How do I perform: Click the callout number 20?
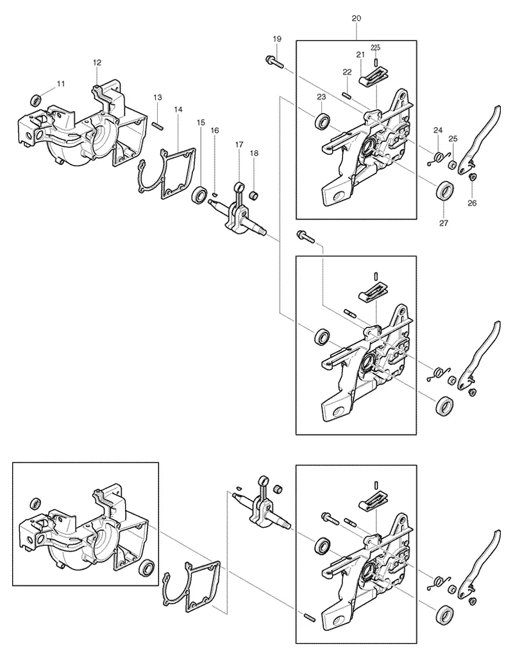pyautogui.click(x=356, y=19)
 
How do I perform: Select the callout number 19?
pyautogui.click(x=277, y=39)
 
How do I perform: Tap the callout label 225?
pyautogui.click(x=376, y=48)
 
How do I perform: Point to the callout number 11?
pyautogui.click(x=61, y=83)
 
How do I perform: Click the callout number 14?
pyautogui.click(x=178, y=109)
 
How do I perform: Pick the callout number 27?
pyautogui.click(x=444, y=223)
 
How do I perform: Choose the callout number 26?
pyautogui.click(x=472, y=204)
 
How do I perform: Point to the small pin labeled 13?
pyautogui.click(x=157, y=125)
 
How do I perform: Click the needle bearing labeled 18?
pyautogui.click(x=255, y=196)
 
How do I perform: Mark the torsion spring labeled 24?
pyautogui.click(x=439, y=159)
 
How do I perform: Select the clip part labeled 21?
pyautogui.click(x=372, y=78)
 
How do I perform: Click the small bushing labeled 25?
pyautogui.click(x=453, y=164)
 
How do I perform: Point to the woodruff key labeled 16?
pyautogui.click(x=215, y=194)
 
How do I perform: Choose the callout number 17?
pyautogui.click(x=239, y=144)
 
